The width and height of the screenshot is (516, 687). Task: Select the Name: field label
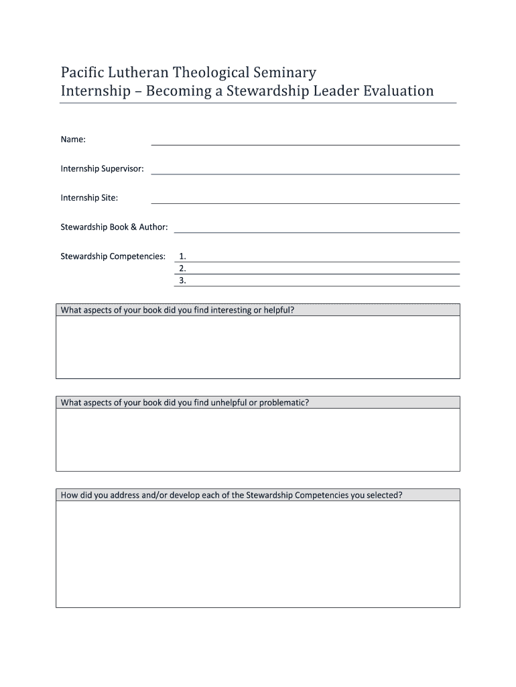[73, 140]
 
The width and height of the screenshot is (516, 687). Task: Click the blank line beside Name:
[305, 144]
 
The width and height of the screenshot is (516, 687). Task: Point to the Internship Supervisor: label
[102, 168]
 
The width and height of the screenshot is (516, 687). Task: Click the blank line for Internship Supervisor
[305, 173]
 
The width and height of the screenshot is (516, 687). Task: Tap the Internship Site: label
[89, 198]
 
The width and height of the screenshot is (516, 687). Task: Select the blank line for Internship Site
[305, 203]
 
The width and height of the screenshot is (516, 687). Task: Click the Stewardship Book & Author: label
[114, 227]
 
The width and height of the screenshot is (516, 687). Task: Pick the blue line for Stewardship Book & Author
[316, 231]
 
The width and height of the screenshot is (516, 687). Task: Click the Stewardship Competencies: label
[113, 256]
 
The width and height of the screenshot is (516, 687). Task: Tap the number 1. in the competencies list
[183, 256]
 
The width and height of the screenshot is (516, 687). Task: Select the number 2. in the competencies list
[183, 268]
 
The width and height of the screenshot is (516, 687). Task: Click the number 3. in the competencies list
[183, 280]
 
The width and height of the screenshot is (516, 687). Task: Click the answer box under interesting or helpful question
[257, 347]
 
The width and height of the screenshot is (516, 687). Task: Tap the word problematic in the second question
[283, 403]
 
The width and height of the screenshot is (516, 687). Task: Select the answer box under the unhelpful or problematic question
[257, 439]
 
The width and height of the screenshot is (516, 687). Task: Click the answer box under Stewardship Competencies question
[257, 554]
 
